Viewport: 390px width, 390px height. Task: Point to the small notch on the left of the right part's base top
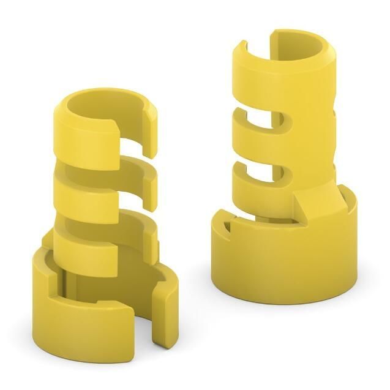[x=226, y=227]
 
